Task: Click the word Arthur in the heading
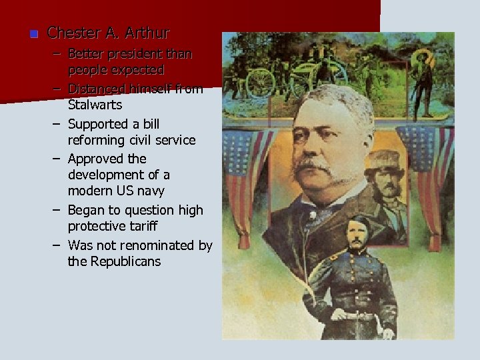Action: click(147, 33)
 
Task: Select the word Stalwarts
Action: click(95, 105)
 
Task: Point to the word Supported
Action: click(98, 124)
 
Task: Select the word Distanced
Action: click(99, 89)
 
